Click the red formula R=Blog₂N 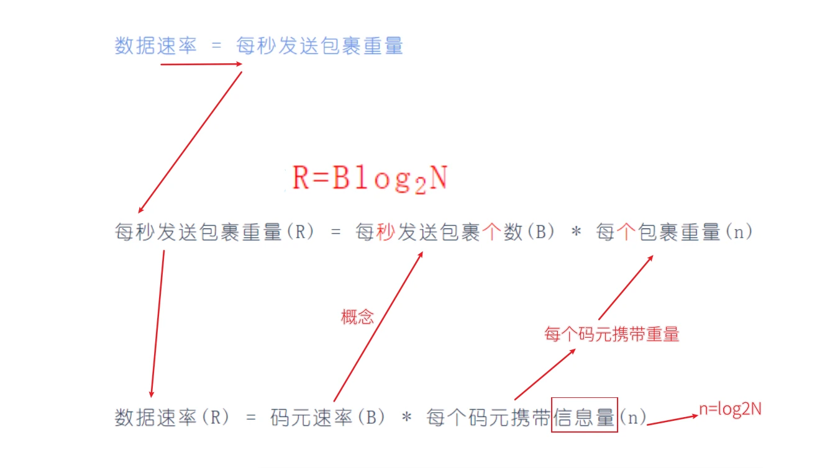(x=370, y=179)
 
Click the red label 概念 (x=358, y=317)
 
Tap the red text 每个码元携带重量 (x=612, y=335)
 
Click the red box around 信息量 (x=585, y=415)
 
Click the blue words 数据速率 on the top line (x=155, y=45)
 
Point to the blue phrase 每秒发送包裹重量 (x=320, y=45)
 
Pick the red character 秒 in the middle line (x=386, y=233)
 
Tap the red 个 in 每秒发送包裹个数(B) (x=491, y=233)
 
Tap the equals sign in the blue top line (x=216, y=46)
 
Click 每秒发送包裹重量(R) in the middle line (x=214, y=233)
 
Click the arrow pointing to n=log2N (x=672, y=420)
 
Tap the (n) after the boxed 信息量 (x=633, y=417)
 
